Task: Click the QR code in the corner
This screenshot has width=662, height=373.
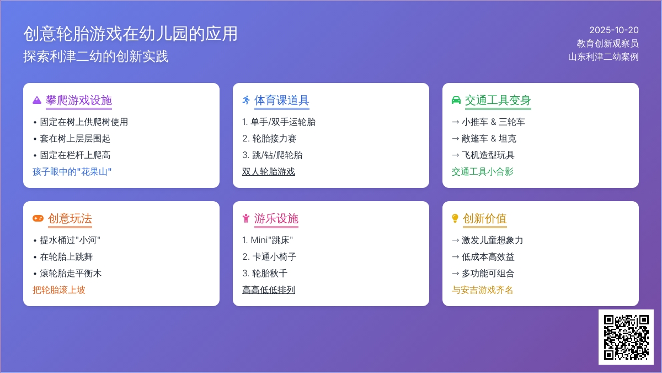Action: click(626, 337)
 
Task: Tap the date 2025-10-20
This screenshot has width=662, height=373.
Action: click(614, 30)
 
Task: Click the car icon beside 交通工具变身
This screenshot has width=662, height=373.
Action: click(456, 100)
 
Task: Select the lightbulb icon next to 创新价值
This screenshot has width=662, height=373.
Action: click(455, 218)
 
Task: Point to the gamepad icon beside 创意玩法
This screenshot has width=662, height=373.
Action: click(38, 218)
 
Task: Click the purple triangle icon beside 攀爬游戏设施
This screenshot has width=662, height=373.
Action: click(37, 100)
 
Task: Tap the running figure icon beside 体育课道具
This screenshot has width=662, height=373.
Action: click(246, 100)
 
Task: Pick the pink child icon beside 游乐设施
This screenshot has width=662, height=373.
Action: click(246, 218)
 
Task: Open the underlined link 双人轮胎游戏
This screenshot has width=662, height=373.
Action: click(268, 172)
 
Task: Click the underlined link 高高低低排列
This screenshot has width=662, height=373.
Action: click(268, 290)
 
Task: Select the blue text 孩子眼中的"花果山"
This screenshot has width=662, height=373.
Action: click(72, 172)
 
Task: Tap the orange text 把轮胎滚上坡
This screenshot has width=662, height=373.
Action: click(59, 290)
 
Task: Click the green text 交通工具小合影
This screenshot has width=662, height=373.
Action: click(482, 172)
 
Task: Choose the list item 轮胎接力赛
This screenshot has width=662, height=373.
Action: click(274, 139)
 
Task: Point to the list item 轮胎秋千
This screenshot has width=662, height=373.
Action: click(270, 273)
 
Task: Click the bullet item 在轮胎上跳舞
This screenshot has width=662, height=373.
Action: click(67, 256)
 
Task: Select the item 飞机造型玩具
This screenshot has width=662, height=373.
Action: click(488, 155)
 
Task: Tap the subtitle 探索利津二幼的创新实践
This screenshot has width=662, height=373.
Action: click(96, 56)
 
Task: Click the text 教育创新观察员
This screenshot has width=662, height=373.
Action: click(607, 44)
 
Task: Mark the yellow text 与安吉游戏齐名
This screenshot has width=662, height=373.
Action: click(482, 290)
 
